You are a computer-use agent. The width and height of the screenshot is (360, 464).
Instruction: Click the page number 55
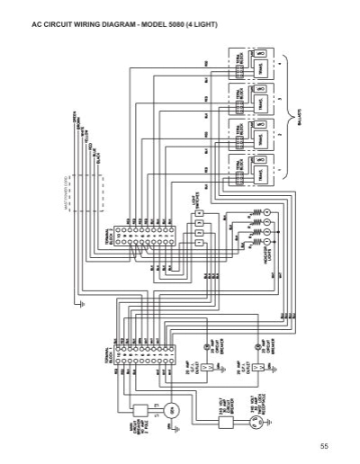click(x=325, y=446)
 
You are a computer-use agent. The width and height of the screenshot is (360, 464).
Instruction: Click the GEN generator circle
click(x=175, y=411)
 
